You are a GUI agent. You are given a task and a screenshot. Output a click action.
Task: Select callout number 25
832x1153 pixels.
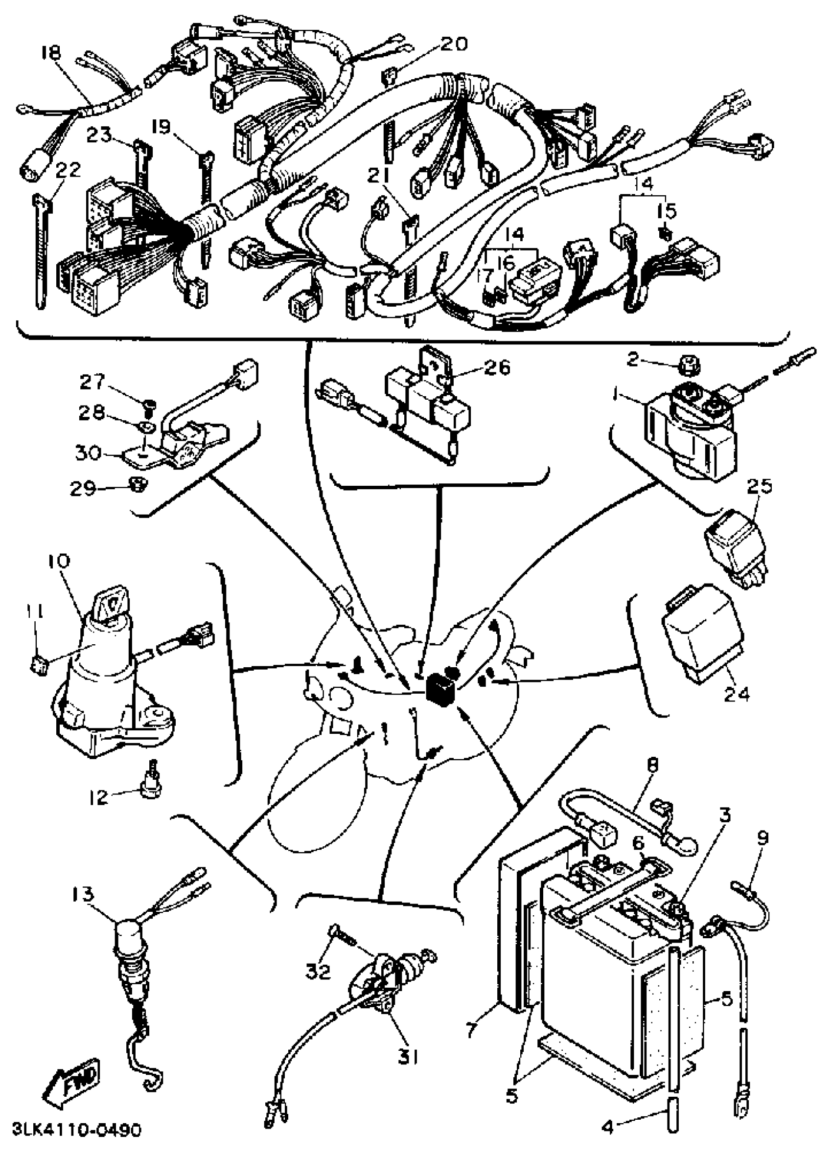(x=759, y=486)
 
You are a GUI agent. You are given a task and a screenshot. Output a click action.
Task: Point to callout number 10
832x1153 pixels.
(x=60, y=561)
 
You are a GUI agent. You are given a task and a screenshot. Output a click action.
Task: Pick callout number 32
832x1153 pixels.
(x=318, y=972)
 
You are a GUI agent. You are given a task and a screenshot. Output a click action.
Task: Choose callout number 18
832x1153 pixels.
(x=51, y=53)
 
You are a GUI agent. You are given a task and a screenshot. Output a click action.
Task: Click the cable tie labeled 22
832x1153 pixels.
(x=41, y=254)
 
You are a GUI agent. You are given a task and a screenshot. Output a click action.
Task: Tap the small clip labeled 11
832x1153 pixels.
(x=39, y=664)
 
